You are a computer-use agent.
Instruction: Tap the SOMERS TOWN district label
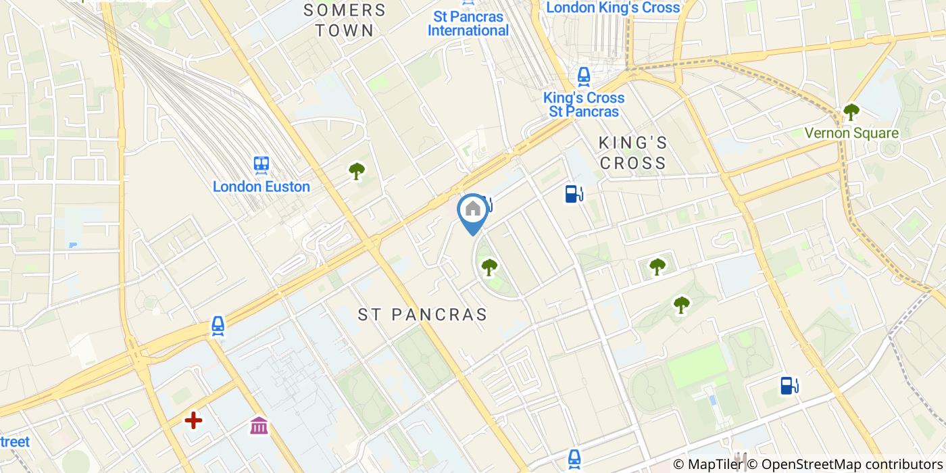pos(345,20)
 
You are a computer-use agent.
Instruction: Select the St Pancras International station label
pos(468,24)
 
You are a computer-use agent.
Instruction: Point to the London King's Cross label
pos(613,8)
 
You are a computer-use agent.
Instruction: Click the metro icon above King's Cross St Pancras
pos(584,77)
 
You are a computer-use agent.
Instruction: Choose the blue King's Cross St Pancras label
pos(584,104)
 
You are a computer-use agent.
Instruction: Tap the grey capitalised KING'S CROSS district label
pos(633,153)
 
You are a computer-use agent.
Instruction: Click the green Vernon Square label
pos(851,133)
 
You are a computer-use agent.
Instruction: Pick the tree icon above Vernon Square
pos(851,111)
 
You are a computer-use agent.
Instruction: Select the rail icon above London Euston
pos(262,164)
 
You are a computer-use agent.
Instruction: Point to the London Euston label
pos(262,186)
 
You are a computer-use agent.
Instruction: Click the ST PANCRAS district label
pos(422,315)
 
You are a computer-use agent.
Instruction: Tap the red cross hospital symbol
pos(194,421)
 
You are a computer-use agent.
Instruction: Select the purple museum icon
pos(259,426)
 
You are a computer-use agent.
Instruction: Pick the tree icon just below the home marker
pos(489,268)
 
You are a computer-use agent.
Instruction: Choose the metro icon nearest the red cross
pos(218,326)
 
